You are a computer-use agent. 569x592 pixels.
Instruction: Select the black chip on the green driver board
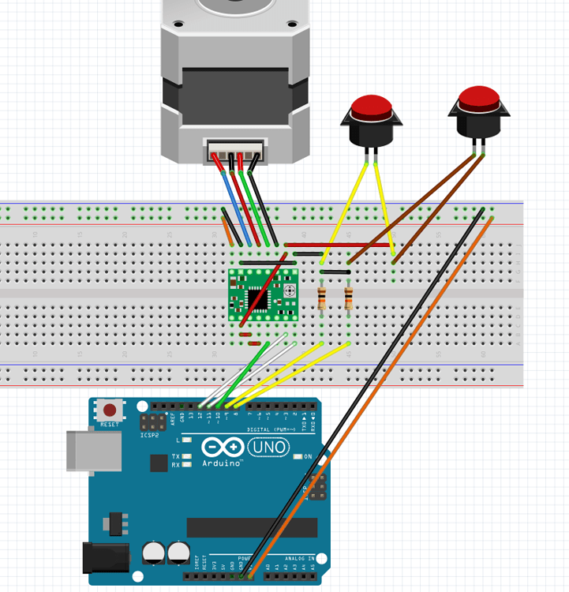coord(258,298)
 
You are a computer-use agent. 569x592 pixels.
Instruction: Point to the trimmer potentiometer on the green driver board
coord(289,291)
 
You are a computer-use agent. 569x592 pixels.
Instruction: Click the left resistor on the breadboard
coord(321,298)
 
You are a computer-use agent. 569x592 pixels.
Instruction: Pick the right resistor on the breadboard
coord(349,298)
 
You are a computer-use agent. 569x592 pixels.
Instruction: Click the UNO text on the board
coord(269,448)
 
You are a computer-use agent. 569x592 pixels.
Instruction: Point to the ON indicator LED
coord(298,457)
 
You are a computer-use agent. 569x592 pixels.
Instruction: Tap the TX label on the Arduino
coord(175,457)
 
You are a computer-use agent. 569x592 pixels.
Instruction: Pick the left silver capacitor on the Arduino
coord(155,553)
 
